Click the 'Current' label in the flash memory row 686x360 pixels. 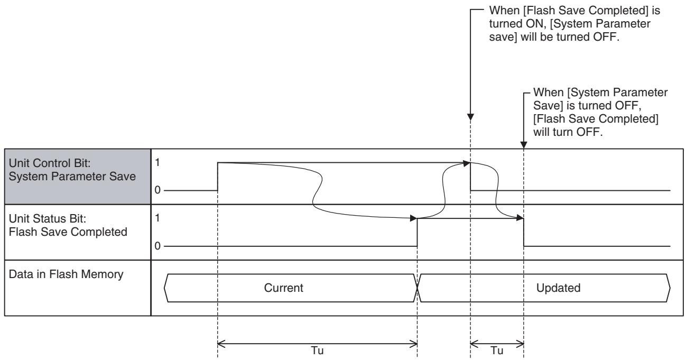[284, 288]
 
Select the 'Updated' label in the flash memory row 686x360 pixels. [558, 288]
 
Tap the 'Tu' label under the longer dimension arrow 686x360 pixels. [317, 350]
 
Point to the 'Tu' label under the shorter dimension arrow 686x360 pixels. [497, 350]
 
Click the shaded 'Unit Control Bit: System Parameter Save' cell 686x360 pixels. [78, 177]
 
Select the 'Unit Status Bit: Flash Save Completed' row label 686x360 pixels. [68, 225]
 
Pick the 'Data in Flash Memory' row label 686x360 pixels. [66, 274]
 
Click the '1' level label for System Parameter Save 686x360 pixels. [157, 163]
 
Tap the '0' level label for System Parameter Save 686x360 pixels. [157, 190]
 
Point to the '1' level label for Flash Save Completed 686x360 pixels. [157, 218]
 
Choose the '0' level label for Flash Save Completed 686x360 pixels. [157, 246]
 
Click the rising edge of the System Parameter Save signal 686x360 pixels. [218, 177]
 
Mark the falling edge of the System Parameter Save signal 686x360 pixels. [471, 177]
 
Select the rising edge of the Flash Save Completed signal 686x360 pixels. [417, 232]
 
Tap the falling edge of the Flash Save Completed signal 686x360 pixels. [524, 232]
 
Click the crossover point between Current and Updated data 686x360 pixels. [418, 288]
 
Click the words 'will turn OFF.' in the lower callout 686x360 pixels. [568, 132]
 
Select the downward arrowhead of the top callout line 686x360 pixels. [471, 117]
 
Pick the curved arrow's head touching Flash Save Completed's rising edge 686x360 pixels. [413, 218]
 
